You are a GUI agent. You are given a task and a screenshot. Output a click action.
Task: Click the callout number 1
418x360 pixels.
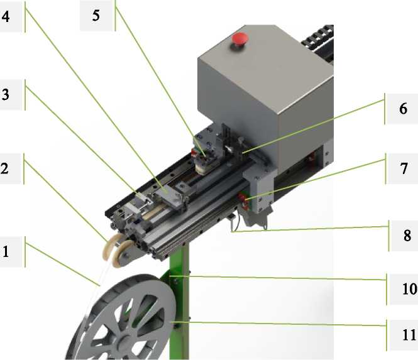(6, 251)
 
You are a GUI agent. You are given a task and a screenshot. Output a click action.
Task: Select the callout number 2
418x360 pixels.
(5, 168)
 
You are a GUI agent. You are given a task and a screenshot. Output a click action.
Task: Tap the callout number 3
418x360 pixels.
(6, 95)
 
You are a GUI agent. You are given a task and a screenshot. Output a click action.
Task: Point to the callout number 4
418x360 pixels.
(6, 16)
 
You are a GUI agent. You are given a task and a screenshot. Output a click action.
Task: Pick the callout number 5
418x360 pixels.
(96, 16)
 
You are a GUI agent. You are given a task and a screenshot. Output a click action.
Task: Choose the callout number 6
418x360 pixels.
(403, 109)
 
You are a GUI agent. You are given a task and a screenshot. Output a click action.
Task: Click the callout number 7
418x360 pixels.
(404, 168)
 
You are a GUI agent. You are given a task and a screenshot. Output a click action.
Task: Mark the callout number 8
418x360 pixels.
(407, 236)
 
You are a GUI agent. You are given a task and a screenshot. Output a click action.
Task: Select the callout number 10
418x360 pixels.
(409, 289)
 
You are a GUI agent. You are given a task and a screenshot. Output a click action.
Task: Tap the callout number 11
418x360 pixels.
(409, 335)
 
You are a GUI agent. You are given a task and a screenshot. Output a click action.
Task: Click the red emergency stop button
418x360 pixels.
(240, 39)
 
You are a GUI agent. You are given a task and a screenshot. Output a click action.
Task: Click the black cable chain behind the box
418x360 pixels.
(318, 40)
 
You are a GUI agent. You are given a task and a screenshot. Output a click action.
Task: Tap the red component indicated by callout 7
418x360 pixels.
(243, 199)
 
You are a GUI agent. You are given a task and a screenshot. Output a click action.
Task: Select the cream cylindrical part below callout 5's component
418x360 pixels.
(202, 168)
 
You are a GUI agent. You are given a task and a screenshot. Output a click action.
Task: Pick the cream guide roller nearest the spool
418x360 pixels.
(121, 253)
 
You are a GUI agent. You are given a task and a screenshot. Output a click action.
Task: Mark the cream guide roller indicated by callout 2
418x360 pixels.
(110, 246)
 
